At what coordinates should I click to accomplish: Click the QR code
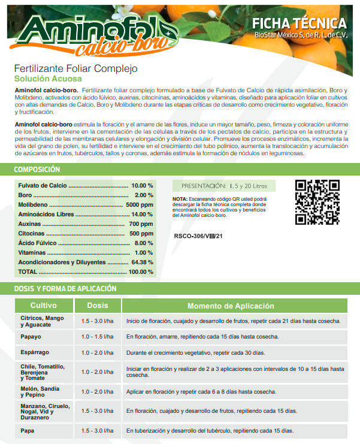click(317, 203)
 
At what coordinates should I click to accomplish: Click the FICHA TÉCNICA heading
click(300, 23)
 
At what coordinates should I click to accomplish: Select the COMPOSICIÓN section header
click(37, 170)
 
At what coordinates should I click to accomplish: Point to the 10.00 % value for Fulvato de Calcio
click(142, 186)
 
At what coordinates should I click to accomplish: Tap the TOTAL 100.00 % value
click(141, 271)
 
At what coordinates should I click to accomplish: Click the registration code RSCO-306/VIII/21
click(198, 235)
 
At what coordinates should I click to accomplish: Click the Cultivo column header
click(44, 306)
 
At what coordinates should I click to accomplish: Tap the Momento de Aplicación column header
click(231, 306)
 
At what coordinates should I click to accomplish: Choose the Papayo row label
click(31, 337)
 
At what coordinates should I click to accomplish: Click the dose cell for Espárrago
click(98, 352)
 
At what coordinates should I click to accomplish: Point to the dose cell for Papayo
click(98, 337)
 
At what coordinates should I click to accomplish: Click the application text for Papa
click(210, 431)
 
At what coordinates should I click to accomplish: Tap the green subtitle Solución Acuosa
click(48, 78)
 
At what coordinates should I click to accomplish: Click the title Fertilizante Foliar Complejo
click(76, 68)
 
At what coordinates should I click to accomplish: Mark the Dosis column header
click(98, 306)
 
